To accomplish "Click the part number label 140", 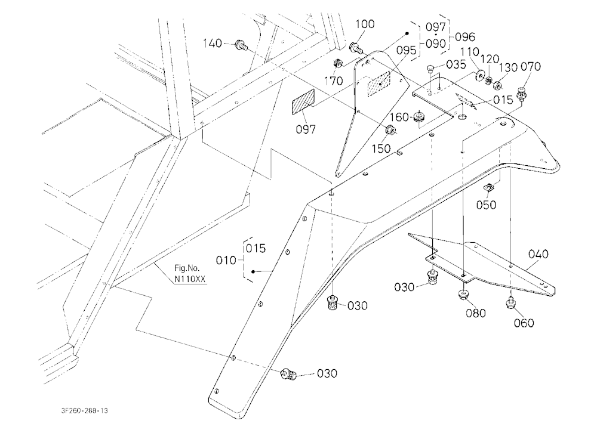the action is (212, 44).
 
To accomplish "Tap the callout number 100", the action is (365, 24).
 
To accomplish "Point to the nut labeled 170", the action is (337, 63).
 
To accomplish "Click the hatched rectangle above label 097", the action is (303, 101).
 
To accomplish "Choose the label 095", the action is (406, 50).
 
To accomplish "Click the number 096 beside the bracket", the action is (465, 37).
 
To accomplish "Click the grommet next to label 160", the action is (420, 117).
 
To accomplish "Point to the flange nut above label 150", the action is (391, 130).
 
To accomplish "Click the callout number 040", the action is (538, 254).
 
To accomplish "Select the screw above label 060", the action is (510, 303).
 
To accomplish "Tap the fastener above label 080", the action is (463, 295).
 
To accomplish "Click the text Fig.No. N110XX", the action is (190, 274).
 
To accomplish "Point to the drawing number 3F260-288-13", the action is (84, 410).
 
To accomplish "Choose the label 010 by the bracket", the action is (226, 261).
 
